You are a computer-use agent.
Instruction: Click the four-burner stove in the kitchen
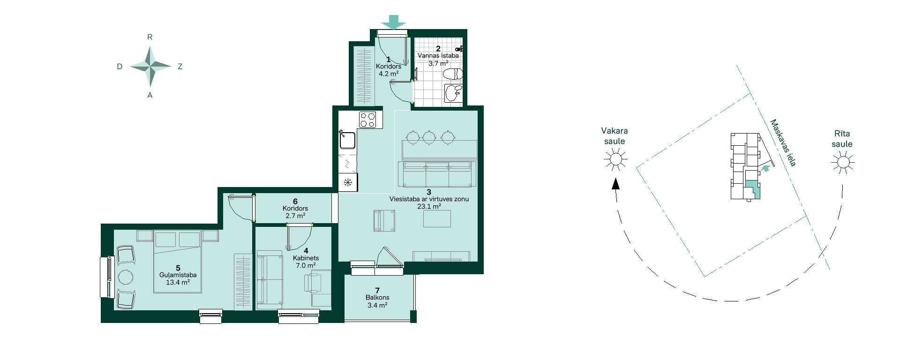[368, 119]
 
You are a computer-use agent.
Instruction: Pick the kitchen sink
[347, 140]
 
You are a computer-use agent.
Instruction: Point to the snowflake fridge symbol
[348, 182]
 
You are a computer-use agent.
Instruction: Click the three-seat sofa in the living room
[437, 174]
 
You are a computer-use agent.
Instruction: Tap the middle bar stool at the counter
[429, 137]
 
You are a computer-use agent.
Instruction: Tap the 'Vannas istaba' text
[438, 56]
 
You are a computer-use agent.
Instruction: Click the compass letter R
[150, 37]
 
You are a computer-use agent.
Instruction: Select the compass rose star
[150, 67]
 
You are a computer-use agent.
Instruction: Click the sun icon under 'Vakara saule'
[615, 160]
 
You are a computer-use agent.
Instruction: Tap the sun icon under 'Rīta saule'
[842, 163]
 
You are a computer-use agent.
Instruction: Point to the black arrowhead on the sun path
[616, 183]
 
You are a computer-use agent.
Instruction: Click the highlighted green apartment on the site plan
[752, 188]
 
